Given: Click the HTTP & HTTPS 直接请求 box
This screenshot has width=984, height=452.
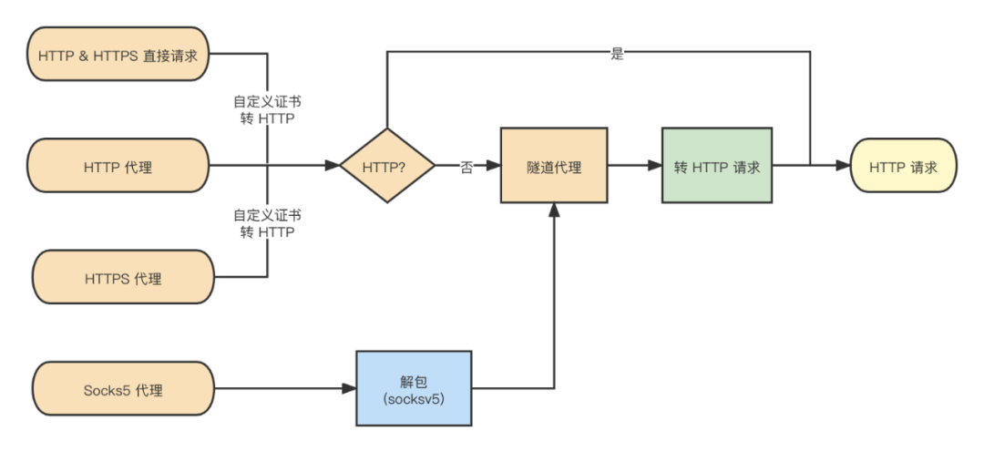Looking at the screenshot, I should point(118,55).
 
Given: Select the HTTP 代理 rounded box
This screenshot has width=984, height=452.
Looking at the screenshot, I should point(118,166).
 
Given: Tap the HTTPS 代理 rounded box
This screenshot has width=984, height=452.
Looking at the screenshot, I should point(122,278).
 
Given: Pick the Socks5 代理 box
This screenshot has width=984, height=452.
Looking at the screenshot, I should point(122,390).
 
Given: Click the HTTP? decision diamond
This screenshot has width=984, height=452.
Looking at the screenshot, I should point(384,167).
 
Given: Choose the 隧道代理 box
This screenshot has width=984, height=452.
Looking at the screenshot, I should point(554,167).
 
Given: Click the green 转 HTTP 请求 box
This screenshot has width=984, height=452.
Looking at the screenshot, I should point(717,167).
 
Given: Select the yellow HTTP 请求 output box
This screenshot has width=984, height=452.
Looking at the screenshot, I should point(903,167).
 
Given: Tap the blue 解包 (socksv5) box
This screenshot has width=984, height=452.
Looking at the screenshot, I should point(415,389).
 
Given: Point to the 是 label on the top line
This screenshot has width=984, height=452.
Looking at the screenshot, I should point(617,54).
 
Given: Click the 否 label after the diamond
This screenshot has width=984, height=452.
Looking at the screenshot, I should point(466,168).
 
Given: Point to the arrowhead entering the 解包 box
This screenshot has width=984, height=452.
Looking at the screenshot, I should point(350,390).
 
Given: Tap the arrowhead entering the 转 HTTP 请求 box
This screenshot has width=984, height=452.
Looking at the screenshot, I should point(655,166).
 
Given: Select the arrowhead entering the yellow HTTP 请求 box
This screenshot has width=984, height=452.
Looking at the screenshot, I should point(844,166).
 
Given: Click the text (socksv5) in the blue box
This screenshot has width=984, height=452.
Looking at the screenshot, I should point(415,399).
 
